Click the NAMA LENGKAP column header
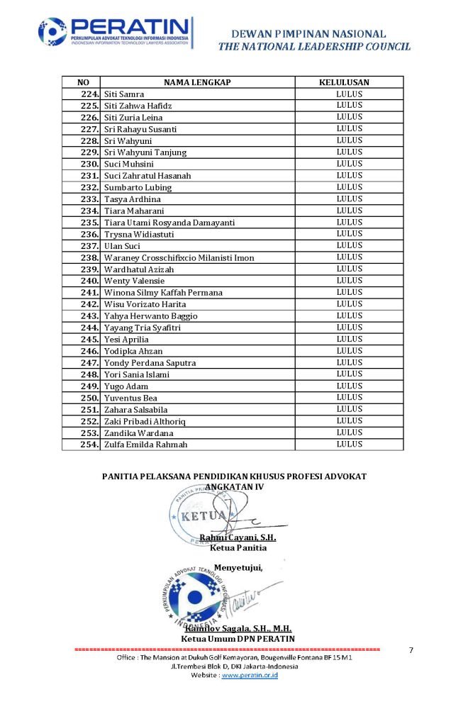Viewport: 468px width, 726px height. [197, 82]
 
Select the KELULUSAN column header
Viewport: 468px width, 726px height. [349, 82]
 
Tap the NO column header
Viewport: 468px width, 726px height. [83, 82]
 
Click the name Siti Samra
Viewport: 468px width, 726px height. [124, 94]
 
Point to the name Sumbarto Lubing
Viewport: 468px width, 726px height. [138, 187]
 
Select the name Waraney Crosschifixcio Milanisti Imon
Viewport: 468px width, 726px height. [179, 257]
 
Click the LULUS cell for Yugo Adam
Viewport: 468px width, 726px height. [349, 386]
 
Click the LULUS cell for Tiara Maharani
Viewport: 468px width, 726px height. [349, 211]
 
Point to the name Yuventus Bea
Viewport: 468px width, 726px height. [130, 398]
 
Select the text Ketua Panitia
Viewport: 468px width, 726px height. [238, 547]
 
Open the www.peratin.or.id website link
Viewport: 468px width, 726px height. [250, 676]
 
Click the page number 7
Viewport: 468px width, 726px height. [412, 650]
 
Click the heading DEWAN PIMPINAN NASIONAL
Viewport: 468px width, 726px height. [308, 33]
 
